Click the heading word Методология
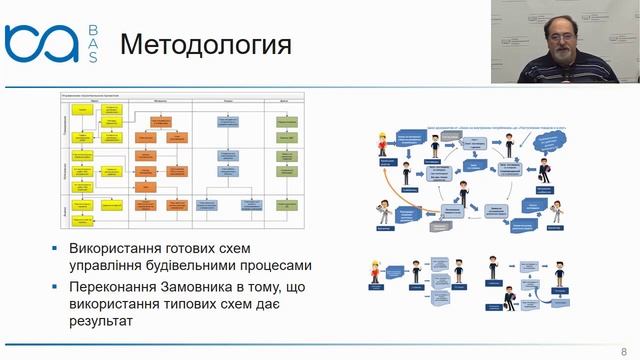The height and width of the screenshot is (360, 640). pyautogui.click(x=205, y=45)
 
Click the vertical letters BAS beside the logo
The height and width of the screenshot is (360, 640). pyautogui.click(x=92, y=44)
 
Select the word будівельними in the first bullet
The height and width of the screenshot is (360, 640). pyautogui.click(x=213, y=266)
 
